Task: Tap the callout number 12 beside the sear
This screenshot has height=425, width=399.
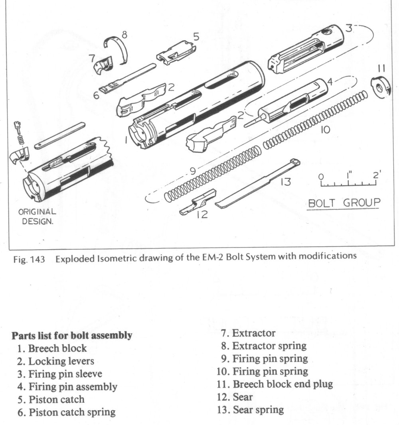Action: (x=203, y=214)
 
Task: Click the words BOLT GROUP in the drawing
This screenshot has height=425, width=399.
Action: (x=344, y=203)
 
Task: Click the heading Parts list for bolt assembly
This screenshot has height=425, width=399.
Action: (x=72, y=335)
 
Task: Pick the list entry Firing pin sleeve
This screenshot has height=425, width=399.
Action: (x=65, y=374)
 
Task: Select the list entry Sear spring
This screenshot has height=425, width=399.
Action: (x=251, y=409)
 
